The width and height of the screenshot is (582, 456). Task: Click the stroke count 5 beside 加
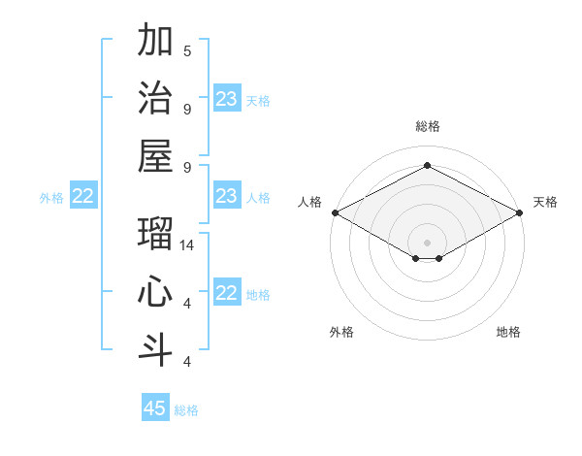[x=187, y=50]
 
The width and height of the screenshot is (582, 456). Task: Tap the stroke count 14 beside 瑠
[x=188, y=245]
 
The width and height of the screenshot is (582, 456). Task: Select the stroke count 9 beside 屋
[x=187, y=167]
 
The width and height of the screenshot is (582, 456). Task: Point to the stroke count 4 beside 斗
[x=187, y=361]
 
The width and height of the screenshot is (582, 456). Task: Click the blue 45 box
[x=155, y=408]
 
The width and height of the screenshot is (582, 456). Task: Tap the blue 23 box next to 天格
[x=226, y=99]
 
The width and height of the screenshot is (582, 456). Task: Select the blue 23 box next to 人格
[x=226, y=196]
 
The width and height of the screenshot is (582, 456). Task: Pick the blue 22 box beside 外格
[x=83, y=196]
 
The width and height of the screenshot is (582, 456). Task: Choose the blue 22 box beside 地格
[x=226, y=293]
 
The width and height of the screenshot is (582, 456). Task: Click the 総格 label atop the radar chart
[x=427, y=126]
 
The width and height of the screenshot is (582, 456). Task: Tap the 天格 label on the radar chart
[x=545, y=202]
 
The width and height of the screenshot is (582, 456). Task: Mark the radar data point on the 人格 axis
[x=335, y=212]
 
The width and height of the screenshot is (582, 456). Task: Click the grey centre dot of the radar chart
[x=427, y=242]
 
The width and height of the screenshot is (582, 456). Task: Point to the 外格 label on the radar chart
[x=341, y=332]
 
